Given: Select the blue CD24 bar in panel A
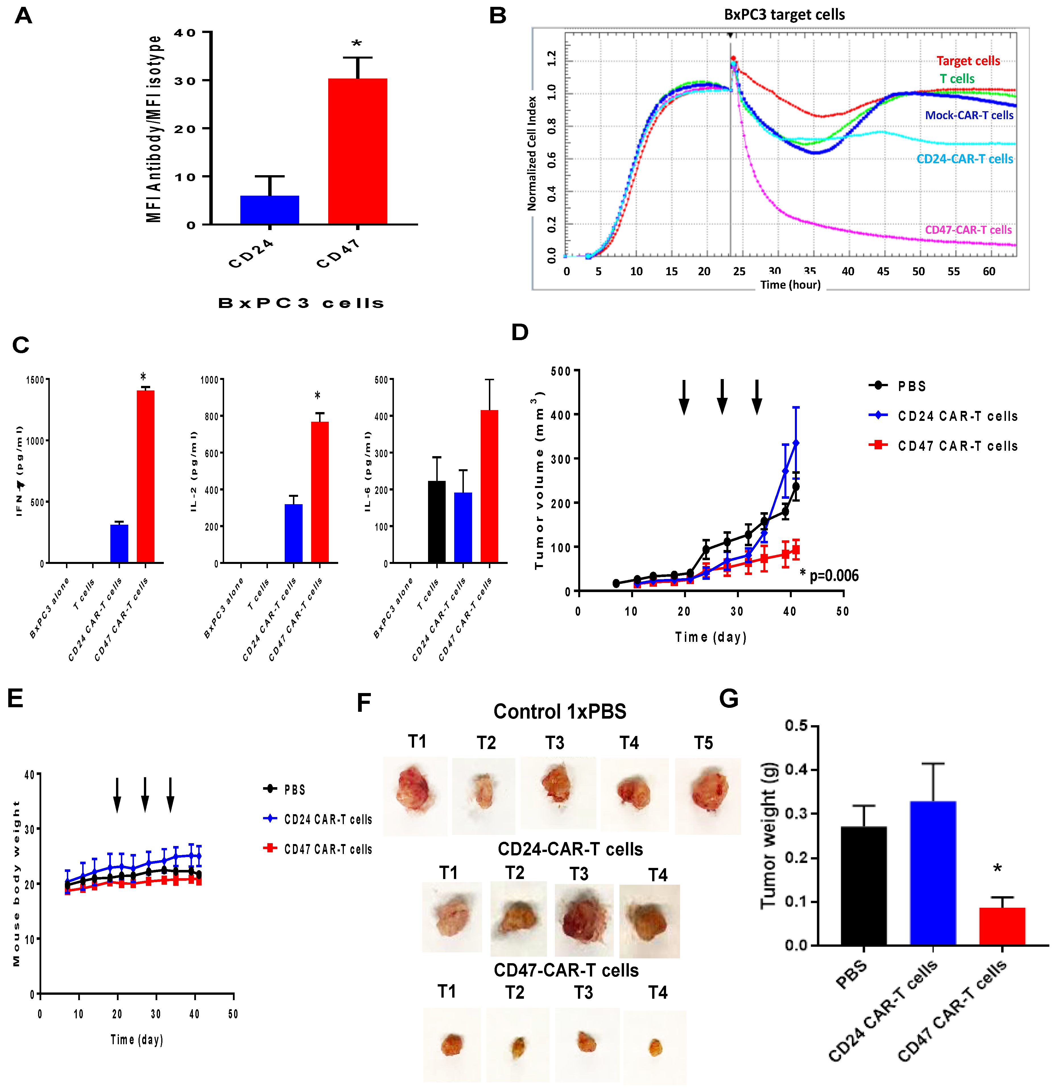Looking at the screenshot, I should pyautogui.click(x=270, y=210).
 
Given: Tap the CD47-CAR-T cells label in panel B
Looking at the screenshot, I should pyautogui.click(x=968, y=229).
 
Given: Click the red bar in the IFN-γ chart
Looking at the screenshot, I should pyautogui.click(x=145, y=476).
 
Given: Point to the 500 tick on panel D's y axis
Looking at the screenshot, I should pyautogui.click(x=560, y=371).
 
